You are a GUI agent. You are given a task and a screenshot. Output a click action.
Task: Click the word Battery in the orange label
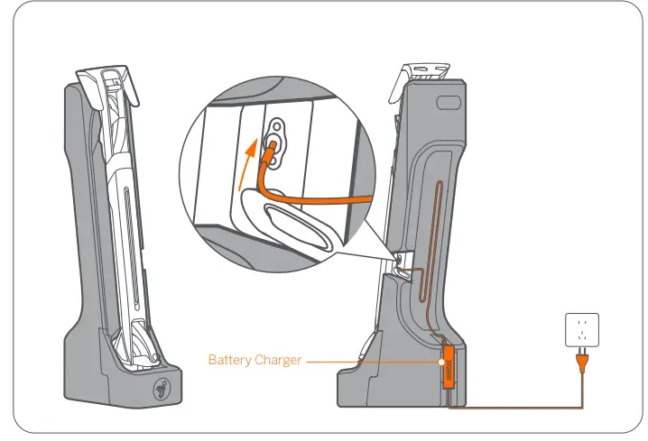pos(231,361)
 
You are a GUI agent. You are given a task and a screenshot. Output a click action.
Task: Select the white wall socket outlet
pos(581,331)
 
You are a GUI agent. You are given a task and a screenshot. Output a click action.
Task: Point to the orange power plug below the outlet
pos(581,362)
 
